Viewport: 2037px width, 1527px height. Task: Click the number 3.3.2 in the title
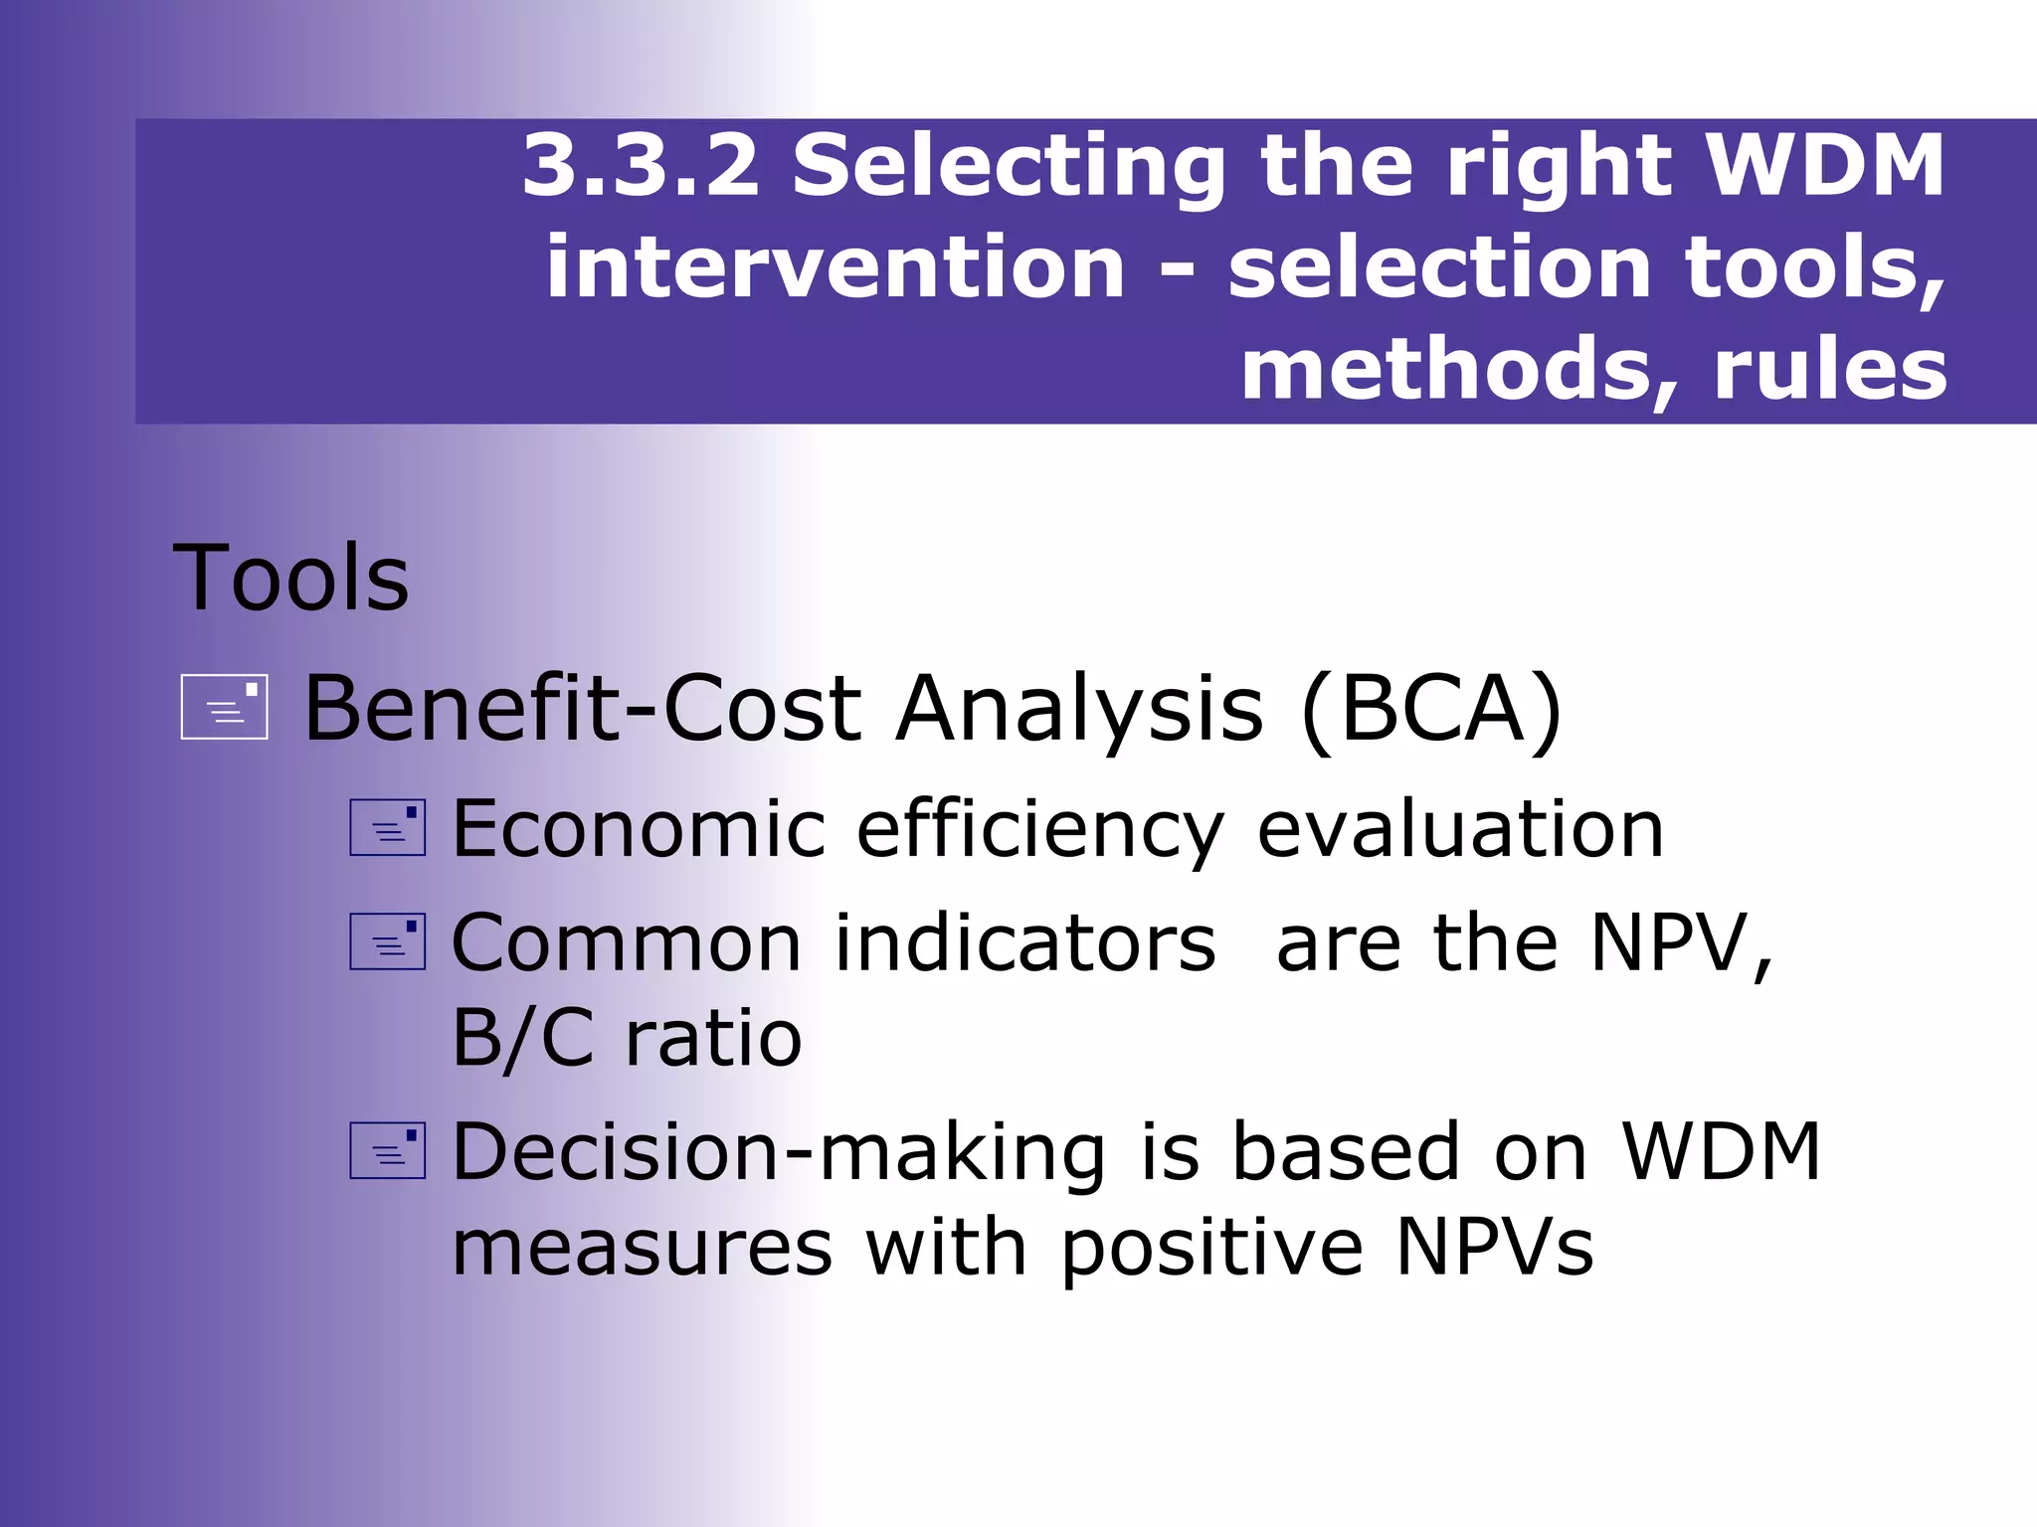point(641,166)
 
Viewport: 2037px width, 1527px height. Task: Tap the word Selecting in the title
point(1009,166)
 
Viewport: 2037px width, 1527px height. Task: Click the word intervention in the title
point(835,268)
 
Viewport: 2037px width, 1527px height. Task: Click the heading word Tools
point(290,579)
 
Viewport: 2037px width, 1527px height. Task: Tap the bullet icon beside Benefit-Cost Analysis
point(225,707)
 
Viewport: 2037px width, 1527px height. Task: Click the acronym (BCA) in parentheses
point(1430,709)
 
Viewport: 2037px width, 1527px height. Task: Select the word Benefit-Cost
point(582,709)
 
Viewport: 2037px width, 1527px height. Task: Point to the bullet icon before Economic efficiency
point(388,828)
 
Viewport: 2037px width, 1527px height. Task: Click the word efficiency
point(1040,830)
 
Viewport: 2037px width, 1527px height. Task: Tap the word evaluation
point(1460,830)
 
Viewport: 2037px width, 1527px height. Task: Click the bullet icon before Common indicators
point(388,941)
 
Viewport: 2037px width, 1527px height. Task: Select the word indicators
point(1024,943)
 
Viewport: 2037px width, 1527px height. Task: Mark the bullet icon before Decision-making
point(388,1151)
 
